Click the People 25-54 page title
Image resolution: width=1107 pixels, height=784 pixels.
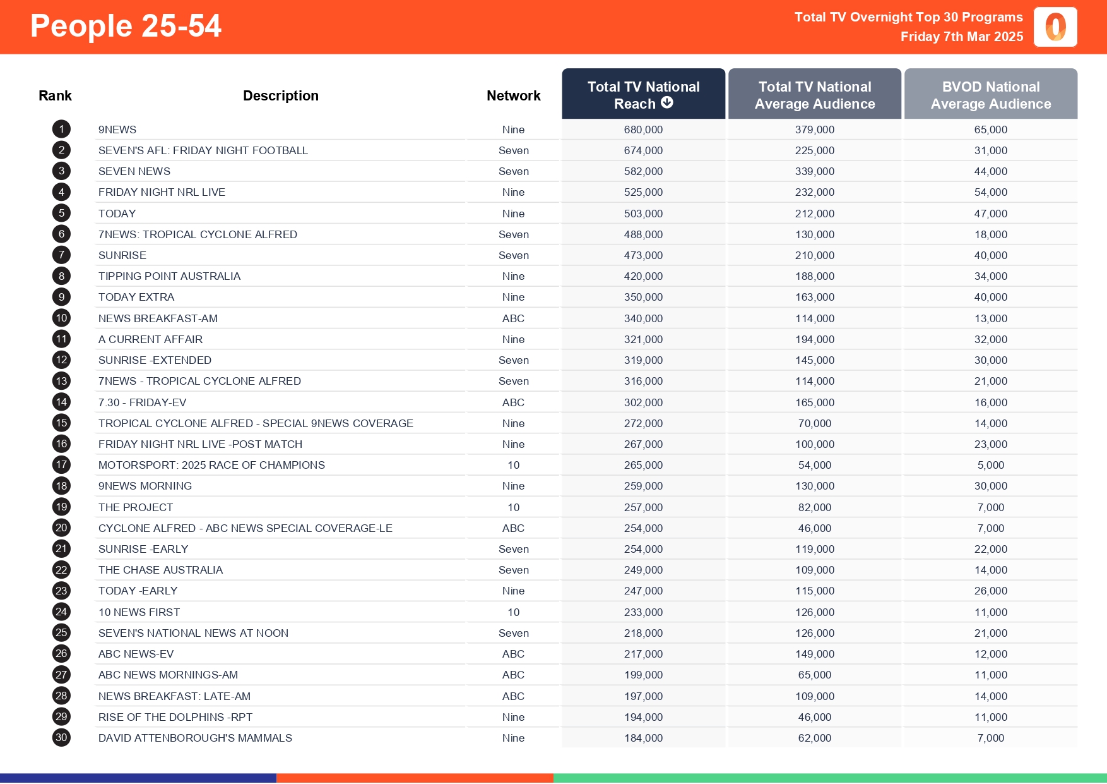click(126, 27)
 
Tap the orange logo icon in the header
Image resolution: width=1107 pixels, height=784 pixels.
click(1055, 27)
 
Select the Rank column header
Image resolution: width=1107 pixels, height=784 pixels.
click(55, 95)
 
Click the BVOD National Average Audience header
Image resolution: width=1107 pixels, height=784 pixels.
click(990, 95)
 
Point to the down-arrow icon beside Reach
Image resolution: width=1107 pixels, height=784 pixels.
click(667, 103)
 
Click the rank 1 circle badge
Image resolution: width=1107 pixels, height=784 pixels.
click(61, 130)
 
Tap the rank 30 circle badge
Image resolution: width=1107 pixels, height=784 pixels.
click(61, 738)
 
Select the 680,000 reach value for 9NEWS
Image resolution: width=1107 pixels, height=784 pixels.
click(643, 130)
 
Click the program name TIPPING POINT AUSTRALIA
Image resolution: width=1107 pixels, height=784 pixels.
click(169, 276)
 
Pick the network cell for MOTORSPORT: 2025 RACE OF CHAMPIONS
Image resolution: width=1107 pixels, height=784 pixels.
click(513, 465)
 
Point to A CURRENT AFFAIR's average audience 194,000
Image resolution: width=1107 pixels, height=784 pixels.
click(814, 339)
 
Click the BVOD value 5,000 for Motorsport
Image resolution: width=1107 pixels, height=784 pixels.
click(990, 465)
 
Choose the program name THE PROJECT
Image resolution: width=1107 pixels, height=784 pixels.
click(136, 507)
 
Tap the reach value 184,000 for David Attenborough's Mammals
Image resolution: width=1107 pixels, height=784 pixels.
click(643, 738)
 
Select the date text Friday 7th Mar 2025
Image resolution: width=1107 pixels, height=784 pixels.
click(961, 37)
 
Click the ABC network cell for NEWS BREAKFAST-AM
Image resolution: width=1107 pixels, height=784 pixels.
click(513, 318)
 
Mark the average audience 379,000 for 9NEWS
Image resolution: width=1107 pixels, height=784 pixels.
click(814, 130)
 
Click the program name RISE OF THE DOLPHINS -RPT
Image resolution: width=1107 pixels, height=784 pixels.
click(175, 717)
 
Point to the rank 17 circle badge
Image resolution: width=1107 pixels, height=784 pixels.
click(61, 465)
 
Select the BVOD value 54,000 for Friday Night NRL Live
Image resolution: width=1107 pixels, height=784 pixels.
click(990, 192)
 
